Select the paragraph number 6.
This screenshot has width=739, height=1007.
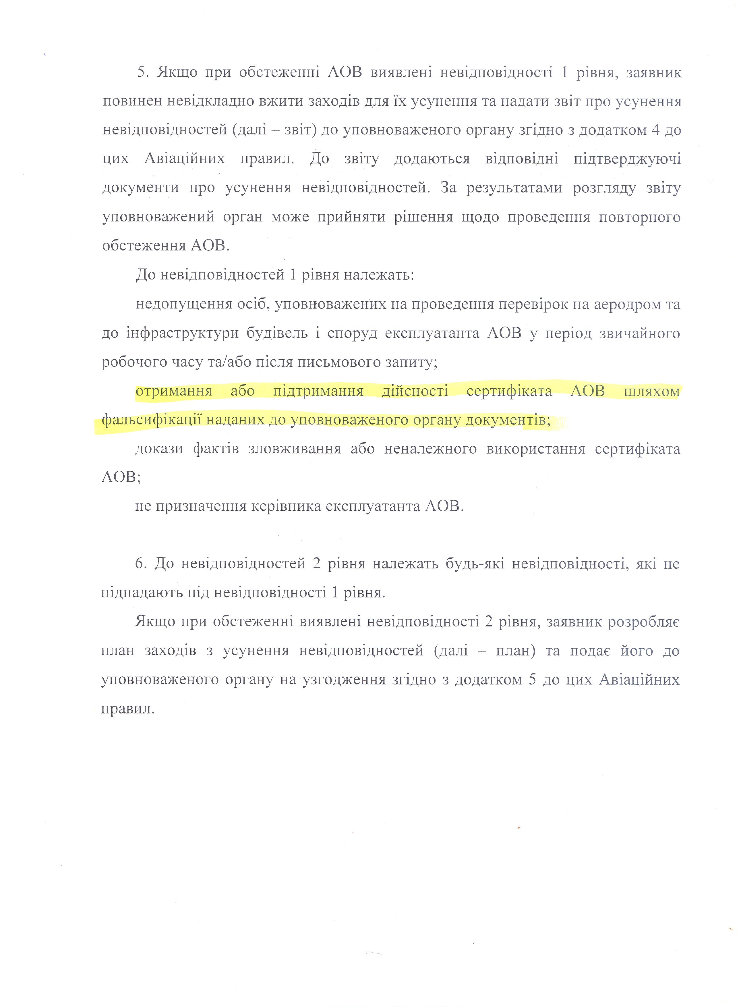coord(141,564)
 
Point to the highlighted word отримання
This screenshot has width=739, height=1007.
coord(174,391)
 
